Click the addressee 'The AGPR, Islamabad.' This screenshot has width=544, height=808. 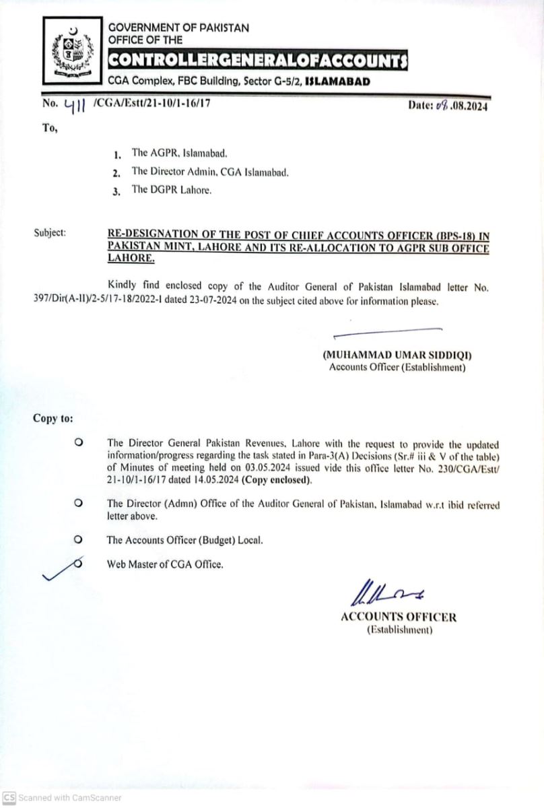[x=175, y=153]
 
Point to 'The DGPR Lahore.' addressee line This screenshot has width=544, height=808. [x=171, y=190]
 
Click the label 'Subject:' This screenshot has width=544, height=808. [x=50, y=233]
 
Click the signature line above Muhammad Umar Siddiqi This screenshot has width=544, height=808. [x=387, y=331]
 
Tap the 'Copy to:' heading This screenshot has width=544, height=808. [x=53, y=418]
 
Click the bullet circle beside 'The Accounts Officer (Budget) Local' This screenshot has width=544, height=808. [x=79, y=539]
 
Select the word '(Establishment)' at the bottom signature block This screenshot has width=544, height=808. [x=399, y=630]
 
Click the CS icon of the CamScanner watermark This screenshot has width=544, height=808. [x=9, y=797]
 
